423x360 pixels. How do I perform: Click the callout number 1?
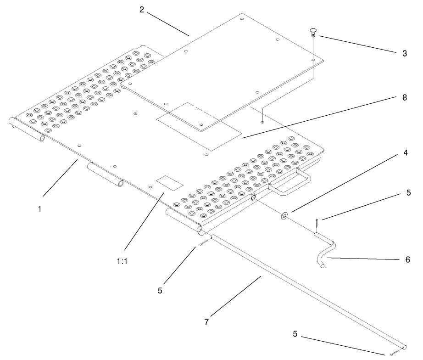tap(40, 208)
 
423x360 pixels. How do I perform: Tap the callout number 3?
tap(404, 53)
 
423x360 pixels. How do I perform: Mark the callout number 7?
tap(206, 322)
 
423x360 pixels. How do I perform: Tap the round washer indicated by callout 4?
tap(285, 214)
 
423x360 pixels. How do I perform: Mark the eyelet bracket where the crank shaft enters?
tap(253, 197)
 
